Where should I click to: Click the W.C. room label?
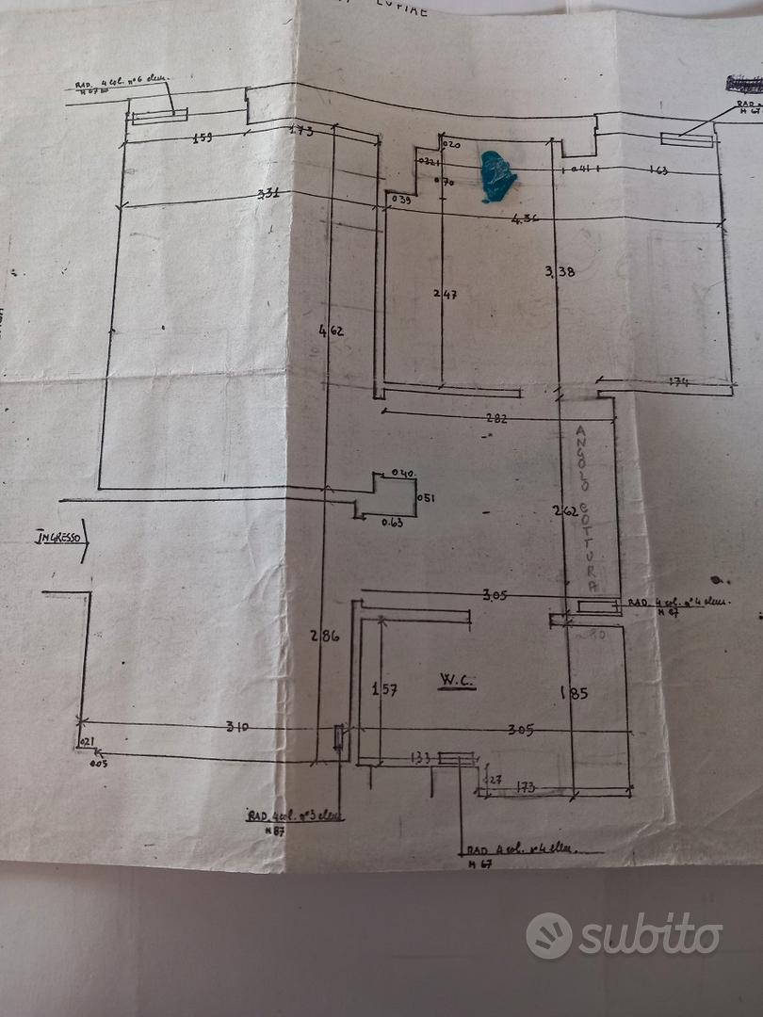455,679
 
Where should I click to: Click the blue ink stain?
496,175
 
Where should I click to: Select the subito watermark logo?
624,934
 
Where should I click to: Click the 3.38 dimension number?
559,272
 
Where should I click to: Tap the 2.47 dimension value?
445,295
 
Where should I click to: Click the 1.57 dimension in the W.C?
383,689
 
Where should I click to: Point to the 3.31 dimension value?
269,195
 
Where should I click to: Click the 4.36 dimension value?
524,219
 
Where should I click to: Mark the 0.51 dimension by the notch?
425,498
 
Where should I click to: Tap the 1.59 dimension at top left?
201,137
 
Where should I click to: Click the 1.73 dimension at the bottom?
528,784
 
